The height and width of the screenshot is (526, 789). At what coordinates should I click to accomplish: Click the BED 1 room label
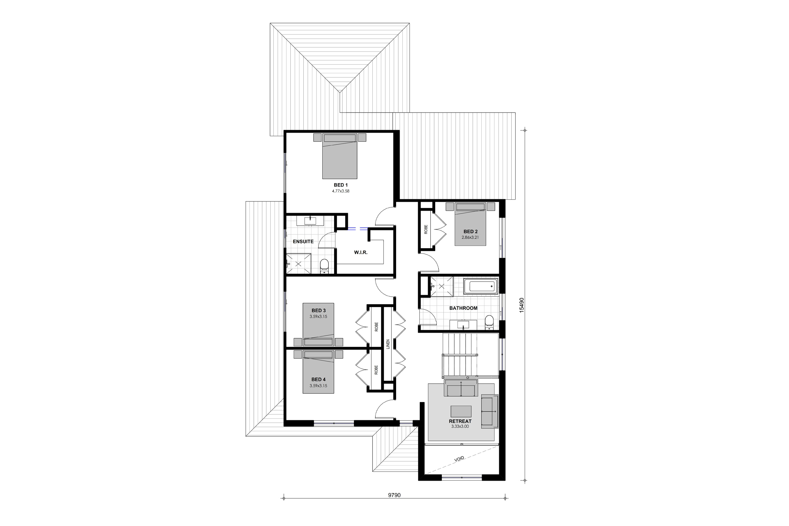coord(340,185)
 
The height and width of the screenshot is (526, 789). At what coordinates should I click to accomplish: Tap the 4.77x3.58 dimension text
coord(340,191)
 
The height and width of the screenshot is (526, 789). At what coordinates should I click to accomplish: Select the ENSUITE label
coord(303,241)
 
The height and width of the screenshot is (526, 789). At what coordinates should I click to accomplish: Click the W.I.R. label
coord(361,252)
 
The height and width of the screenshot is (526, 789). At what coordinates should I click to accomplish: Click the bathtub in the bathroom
coord(481,286)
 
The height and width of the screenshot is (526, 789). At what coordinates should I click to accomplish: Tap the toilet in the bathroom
coord(489,322)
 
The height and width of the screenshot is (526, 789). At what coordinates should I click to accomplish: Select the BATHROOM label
coord(463,308)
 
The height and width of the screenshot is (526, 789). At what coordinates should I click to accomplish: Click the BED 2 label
coord(470,232)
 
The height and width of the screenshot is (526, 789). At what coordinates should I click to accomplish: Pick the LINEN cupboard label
coord(388,344)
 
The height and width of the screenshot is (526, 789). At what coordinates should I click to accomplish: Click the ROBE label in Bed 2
coord(426,230)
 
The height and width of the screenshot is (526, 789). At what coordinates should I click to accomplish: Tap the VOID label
coord(459,459)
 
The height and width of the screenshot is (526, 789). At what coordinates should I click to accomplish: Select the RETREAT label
coord(460,421)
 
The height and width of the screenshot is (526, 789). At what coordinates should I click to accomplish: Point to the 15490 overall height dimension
coord(522,305)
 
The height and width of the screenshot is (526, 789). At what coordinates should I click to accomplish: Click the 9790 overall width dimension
coord(394,495)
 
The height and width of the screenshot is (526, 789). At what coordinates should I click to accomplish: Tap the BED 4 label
coord(318,380)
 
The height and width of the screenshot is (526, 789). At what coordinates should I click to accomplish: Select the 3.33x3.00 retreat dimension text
coord(460,427)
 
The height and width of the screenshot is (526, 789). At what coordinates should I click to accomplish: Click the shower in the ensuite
coord(298,264)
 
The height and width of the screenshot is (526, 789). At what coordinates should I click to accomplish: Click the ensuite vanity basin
coord(311,220)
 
